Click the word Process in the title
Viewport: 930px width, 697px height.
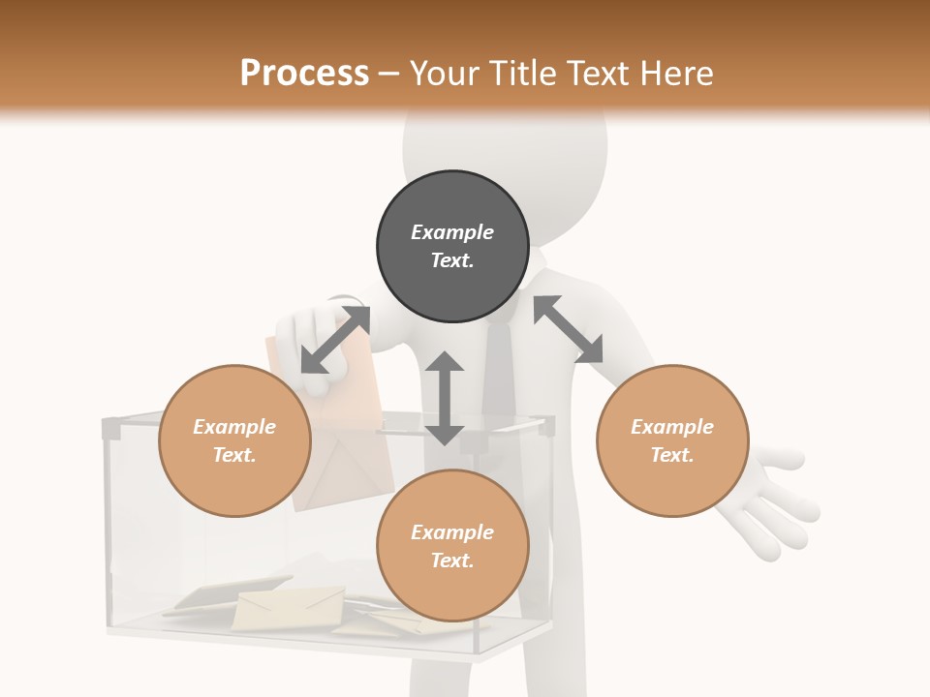[x=304, y=74]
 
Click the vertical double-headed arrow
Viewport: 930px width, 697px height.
[x=445, y=398]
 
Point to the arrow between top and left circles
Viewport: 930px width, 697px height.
[x=335, y=340]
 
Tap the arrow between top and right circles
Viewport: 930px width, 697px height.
[x=568, y=329]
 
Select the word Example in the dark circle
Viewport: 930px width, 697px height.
[x=452, y=232]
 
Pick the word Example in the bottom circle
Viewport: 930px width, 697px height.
[x=452, y=532]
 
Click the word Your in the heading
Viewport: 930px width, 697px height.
[x=443, y=74]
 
